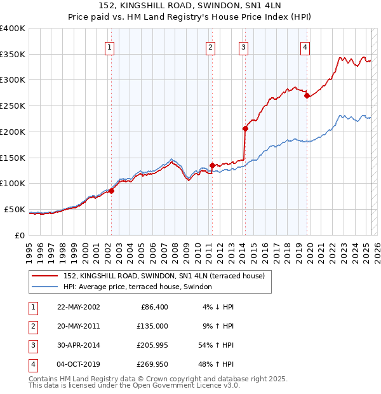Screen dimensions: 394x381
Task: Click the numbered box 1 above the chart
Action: click(x=110, y=46)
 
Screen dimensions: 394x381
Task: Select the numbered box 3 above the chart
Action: click(x=243, y=46)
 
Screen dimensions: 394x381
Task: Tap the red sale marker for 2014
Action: click(x=245, y=128)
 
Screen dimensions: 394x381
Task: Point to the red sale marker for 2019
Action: click(x=307, y=96)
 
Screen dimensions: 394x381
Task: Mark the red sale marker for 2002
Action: click(x=111, y=190)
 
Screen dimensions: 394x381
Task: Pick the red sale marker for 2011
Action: click(x=212, y=165)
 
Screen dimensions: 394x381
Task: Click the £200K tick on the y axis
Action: click(x=13, y=132)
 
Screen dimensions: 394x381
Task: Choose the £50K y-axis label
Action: click(x=15, y=209)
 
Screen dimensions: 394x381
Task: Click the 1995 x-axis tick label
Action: click(x=29, y=250)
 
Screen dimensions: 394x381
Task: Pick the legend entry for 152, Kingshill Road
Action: click(x=168, y=276)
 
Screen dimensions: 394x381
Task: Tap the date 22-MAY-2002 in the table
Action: click(x=78, y=307)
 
